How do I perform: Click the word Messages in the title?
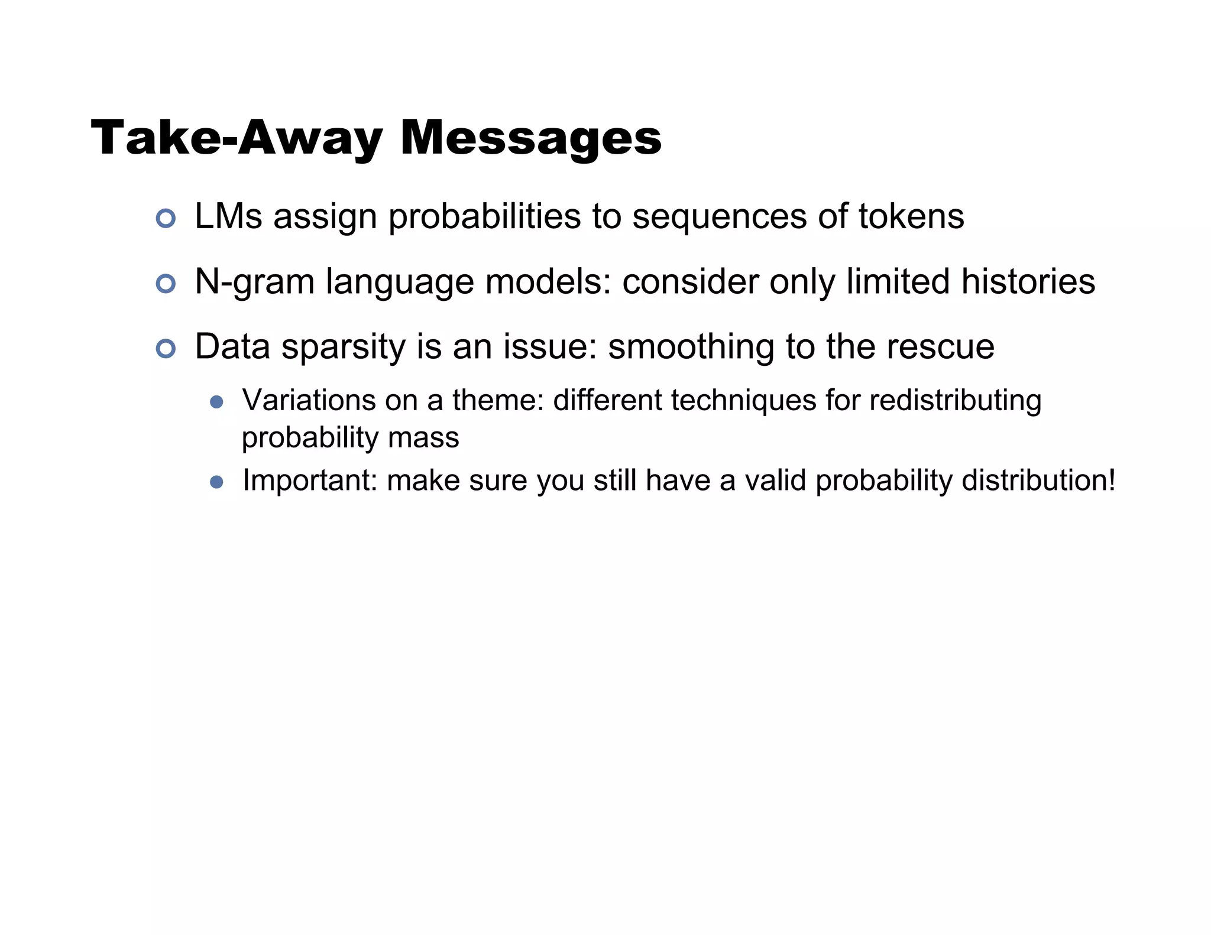click(x=530, y=138)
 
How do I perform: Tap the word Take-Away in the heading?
click(x=237, y=138)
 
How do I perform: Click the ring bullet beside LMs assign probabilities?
click(x=166, y=219)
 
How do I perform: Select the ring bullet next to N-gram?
click(x=166, y=284)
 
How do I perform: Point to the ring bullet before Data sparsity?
click(x=166, y=349)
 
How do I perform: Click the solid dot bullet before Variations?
click(x=216, y=402)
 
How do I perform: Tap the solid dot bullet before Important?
click(x=216, y=482)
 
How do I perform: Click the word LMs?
click(x=228, y=216)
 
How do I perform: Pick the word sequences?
click(x=720, y=216)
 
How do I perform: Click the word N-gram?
click(x=254, y=282)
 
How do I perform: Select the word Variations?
click(x=309, y=400)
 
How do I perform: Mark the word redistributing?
click(x=955, y=400)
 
